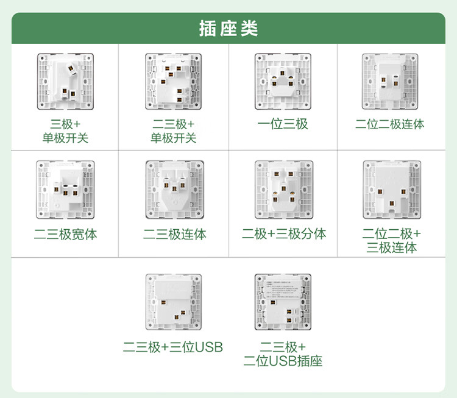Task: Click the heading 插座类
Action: [228, 29]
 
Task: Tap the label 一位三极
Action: [283, 124]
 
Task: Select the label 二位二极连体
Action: [390, 124]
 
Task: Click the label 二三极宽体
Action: [66, 234]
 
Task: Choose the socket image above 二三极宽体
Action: [66, 190]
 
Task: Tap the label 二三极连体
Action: [175, 234]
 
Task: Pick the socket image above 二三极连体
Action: [175, 190]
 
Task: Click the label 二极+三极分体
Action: [283, 234]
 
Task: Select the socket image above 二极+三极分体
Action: [283, 190]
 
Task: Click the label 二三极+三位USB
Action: [173, 347]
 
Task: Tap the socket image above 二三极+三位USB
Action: [175, 302]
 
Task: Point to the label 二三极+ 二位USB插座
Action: [283, 354]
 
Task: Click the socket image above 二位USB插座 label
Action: [283, 302]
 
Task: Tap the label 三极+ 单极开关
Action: [65, 131]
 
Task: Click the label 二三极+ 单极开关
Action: [174, 131]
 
